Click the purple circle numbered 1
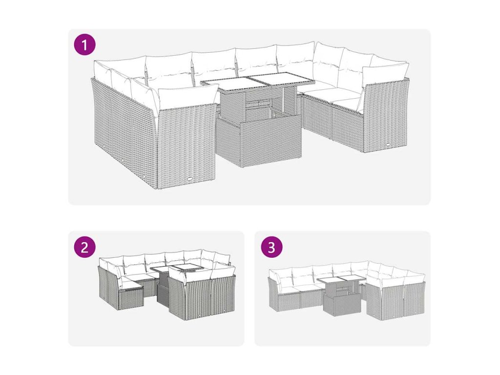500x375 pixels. pyautogui.click(x=84, y=45)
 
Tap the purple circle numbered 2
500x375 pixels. pyautogui.click(x=84, y=247)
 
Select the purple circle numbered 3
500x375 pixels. pyautogui.click(x=271, y=247)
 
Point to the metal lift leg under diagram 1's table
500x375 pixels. pyautogui.click(x=283, y=98)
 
